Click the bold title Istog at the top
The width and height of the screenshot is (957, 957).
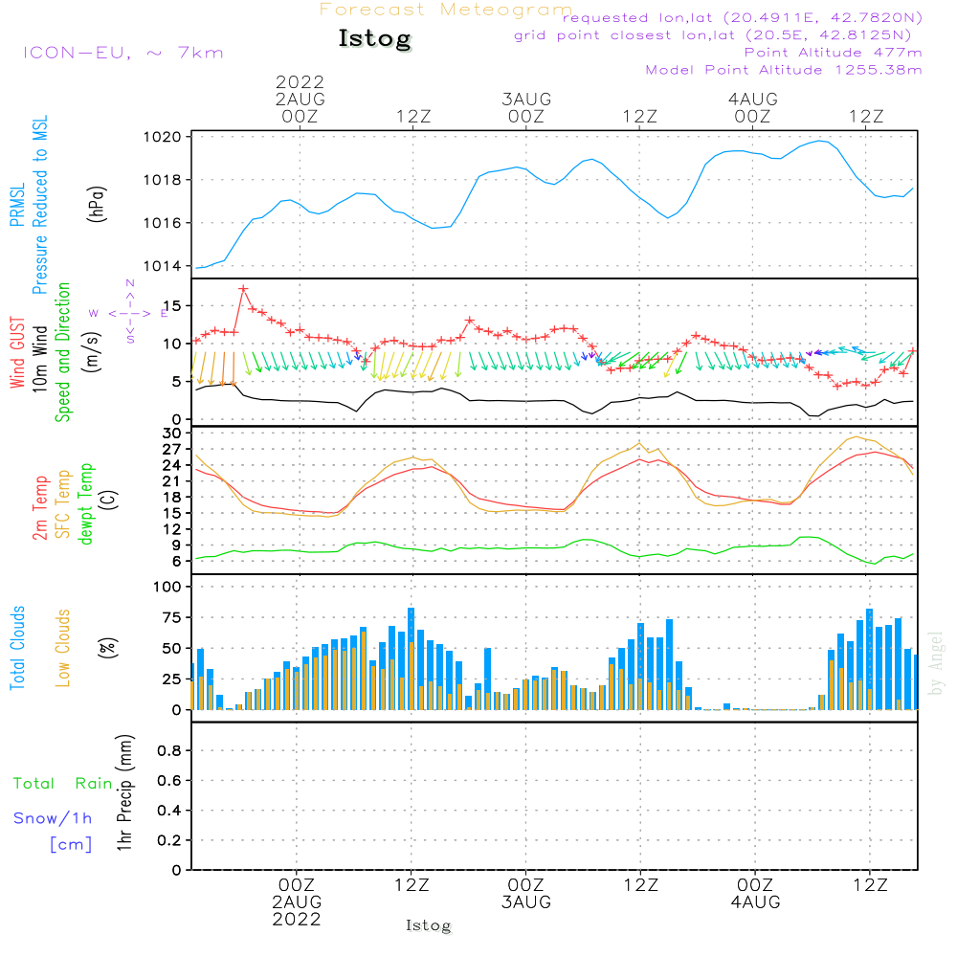[x=374, y=39]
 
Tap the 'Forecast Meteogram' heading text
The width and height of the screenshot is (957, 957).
[x=446, y=10]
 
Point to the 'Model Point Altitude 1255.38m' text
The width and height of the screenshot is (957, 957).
[x=784, y=70]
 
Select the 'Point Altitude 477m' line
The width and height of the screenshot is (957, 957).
[x=833, y=53]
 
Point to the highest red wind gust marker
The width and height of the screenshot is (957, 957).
[x=243, y=288]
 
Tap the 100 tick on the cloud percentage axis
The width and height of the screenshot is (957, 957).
[x=167, y=587]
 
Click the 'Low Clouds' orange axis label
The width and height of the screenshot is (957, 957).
[x=64, y=648]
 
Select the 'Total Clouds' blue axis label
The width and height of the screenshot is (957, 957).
[x=18, y=648]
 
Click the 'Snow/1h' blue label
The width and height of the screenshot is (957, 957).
[x=53, y=818]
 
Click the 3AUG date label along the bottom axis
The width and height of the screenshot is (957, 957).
[x=525, y=902]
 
